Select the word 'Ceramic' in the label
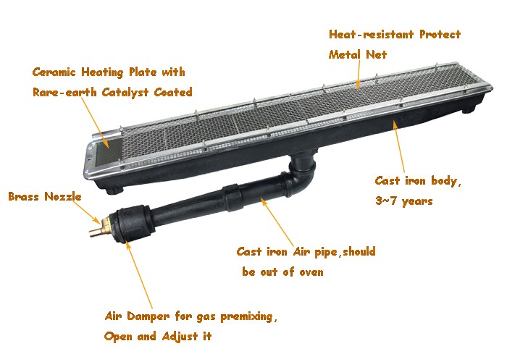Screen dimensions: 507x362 click(x=54, y=72)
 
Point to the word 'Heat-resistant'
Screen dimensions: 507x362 click(x=371, y=34)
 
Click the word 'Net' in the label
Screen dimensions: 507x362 click(x=377, y=54)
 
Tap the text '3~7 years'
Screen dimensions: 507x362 click(x=404, y=201)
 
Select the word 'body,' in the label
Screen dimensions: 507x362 click(x=446, y=181)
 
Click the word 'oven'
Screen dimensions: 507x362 click(x=311, y=272)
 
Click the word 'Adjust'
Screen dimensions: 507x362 click(x=180, y=337)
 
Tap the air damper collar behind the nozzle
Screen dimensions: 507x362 click(x=133, y=223)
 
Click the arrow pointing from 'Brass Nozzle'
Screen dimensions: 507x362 click(x=87, y=212)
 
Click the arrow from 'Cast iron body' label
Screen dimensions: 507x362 click(x=398, y=146)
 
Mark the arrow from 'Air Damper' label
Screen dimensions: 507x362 click(x=139, y=274)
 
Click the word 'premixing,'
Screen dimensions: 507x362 click(x=249, y=316)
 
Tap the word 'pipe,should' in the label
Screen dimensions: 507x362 click(x=345, y=251)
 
